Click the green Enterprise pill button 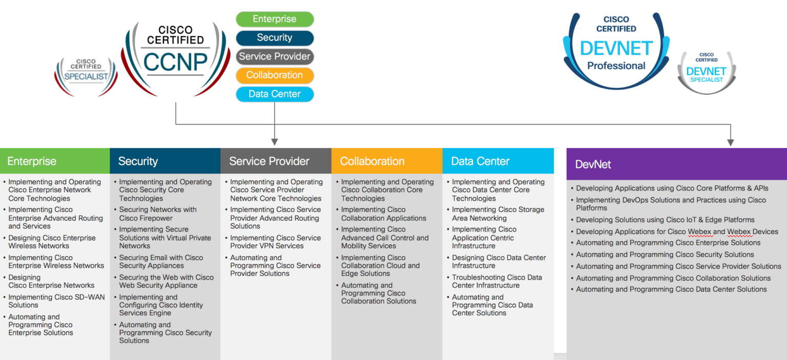click(x=275, y=19)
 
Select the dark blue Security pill click(x=275, y=38)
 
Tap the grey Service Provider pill click(x=275, y=56)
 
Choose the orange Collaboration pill click(x=275, y=75)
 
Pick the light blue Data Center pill click(x=275, y=94)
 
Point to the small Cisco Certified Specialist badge click(x=86, y=75)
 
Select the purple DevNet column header click(x=676, y=164)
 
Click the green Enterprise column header click(x=55, y=161)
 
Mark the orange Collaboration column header click(x=386, y=161)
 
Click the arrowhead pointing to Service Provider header click(x=275, y=141)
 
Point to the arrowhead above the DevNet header click(x=731, y=142)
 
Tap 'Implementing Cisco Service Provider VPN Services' click(x=275, y=242)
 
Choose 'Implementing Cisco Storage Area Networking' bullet click(x=498, y=214)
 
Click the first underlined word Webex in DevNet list click(x=699, y=231)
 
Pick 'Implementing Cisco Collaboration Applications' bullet click(x=383, y=214)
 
